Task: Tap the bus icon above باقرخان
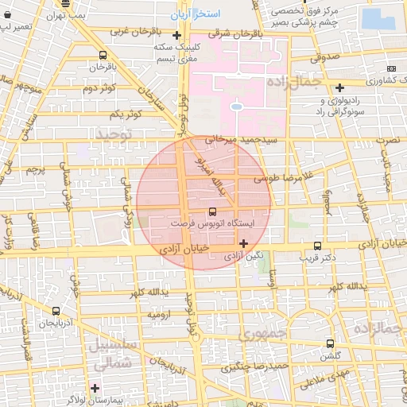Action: coord(103,56)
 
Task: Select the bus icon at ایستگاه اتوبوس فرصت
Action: coord(211,212)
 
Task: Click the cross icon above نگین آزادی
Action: coord(243,243)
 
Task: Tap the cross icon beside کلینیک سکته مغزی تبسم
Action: coord(186,35)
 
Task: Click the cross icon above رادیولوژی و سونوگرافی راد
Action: coord(340,87)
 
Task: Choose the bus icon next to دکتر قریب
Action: coord(319,246)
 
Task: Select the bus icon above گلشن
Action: coord(330,343)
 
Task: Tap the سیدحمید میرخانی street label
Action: coord(242,140)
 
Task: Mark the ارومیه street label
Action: coord(160,316)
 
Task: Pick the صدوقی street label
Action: coord(325,58)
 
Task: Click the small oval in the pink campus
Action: coord(236,107)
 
